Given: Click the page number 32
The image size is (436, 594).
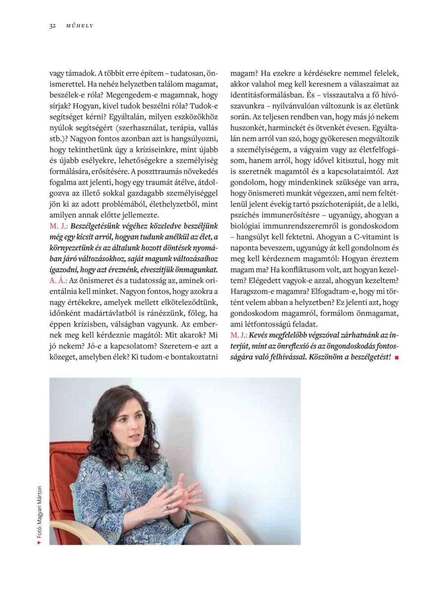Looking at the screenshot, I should [52, 26].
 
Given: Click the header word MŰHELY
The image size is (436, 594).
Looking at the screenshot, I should [80, 26].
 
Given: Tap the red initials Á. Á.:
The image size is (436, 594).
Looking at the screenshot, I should [58, 280].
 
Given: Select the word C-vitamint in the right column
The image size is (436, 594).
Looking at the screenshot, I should [371, 237].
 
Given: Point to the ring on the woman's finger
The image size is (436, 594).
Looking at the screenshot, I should [167, 506].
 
